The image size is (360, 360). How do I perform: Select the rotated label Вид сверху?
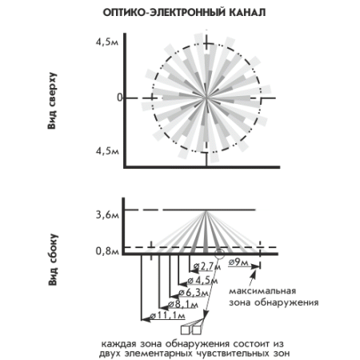[52, 101]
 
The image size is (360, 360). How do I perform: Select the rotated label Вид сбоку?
[53, 260]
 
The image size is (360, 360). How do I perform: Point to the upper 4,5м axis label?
[107, 42]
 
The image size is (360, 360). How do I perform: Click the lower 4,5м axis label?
[107, 151]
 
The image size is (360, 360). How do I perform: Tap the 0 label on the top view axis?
[120, 98]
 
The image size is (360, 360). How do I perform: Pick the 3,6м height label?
[107, 215]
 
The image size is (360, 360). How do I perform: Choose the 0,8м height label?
[107, 251]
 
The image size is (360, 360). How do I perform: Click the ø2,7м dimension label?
[207, 266]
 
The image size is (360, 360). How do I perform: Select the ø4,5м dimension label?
[202, 281]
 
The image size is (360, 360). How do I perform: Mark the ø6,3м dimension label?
[194, 293]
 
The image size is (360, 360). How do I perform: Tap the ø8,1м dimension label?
[183, 304]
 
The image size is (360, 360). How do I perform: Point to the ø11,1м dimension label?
[167, 316]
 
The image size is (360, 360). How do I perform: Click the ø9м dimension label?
[238, 262]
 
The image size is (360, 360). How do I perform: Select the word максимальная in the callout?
[262, 291]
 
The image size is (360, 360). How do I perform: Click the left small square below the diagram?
[185, 330]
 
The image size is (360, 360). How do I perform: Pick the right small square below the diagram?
[196, 330]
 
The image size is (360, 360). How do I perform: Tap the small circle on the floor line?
[219, 254]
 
